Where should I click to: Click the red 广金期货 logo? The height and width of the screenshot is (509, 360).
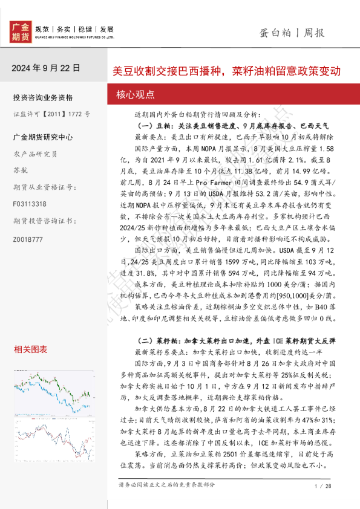tap(22, 31)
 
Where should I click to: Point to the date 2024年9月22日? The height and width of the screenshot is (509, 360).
tap(45, 68)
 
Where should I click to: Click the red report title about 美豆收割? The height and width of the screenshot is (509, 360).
tap(223, 70)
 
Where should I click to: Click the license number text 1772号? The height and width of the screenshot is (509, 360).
tap(79, 114)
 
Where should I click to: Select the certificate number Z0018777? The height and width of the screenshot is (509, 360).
tap(30, 239)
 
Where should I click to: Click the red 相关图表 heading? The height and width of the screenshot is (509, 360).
tap(30, 349)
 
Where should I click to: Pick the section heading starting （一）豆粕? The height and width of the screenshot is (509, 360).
tap(224, 125)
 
